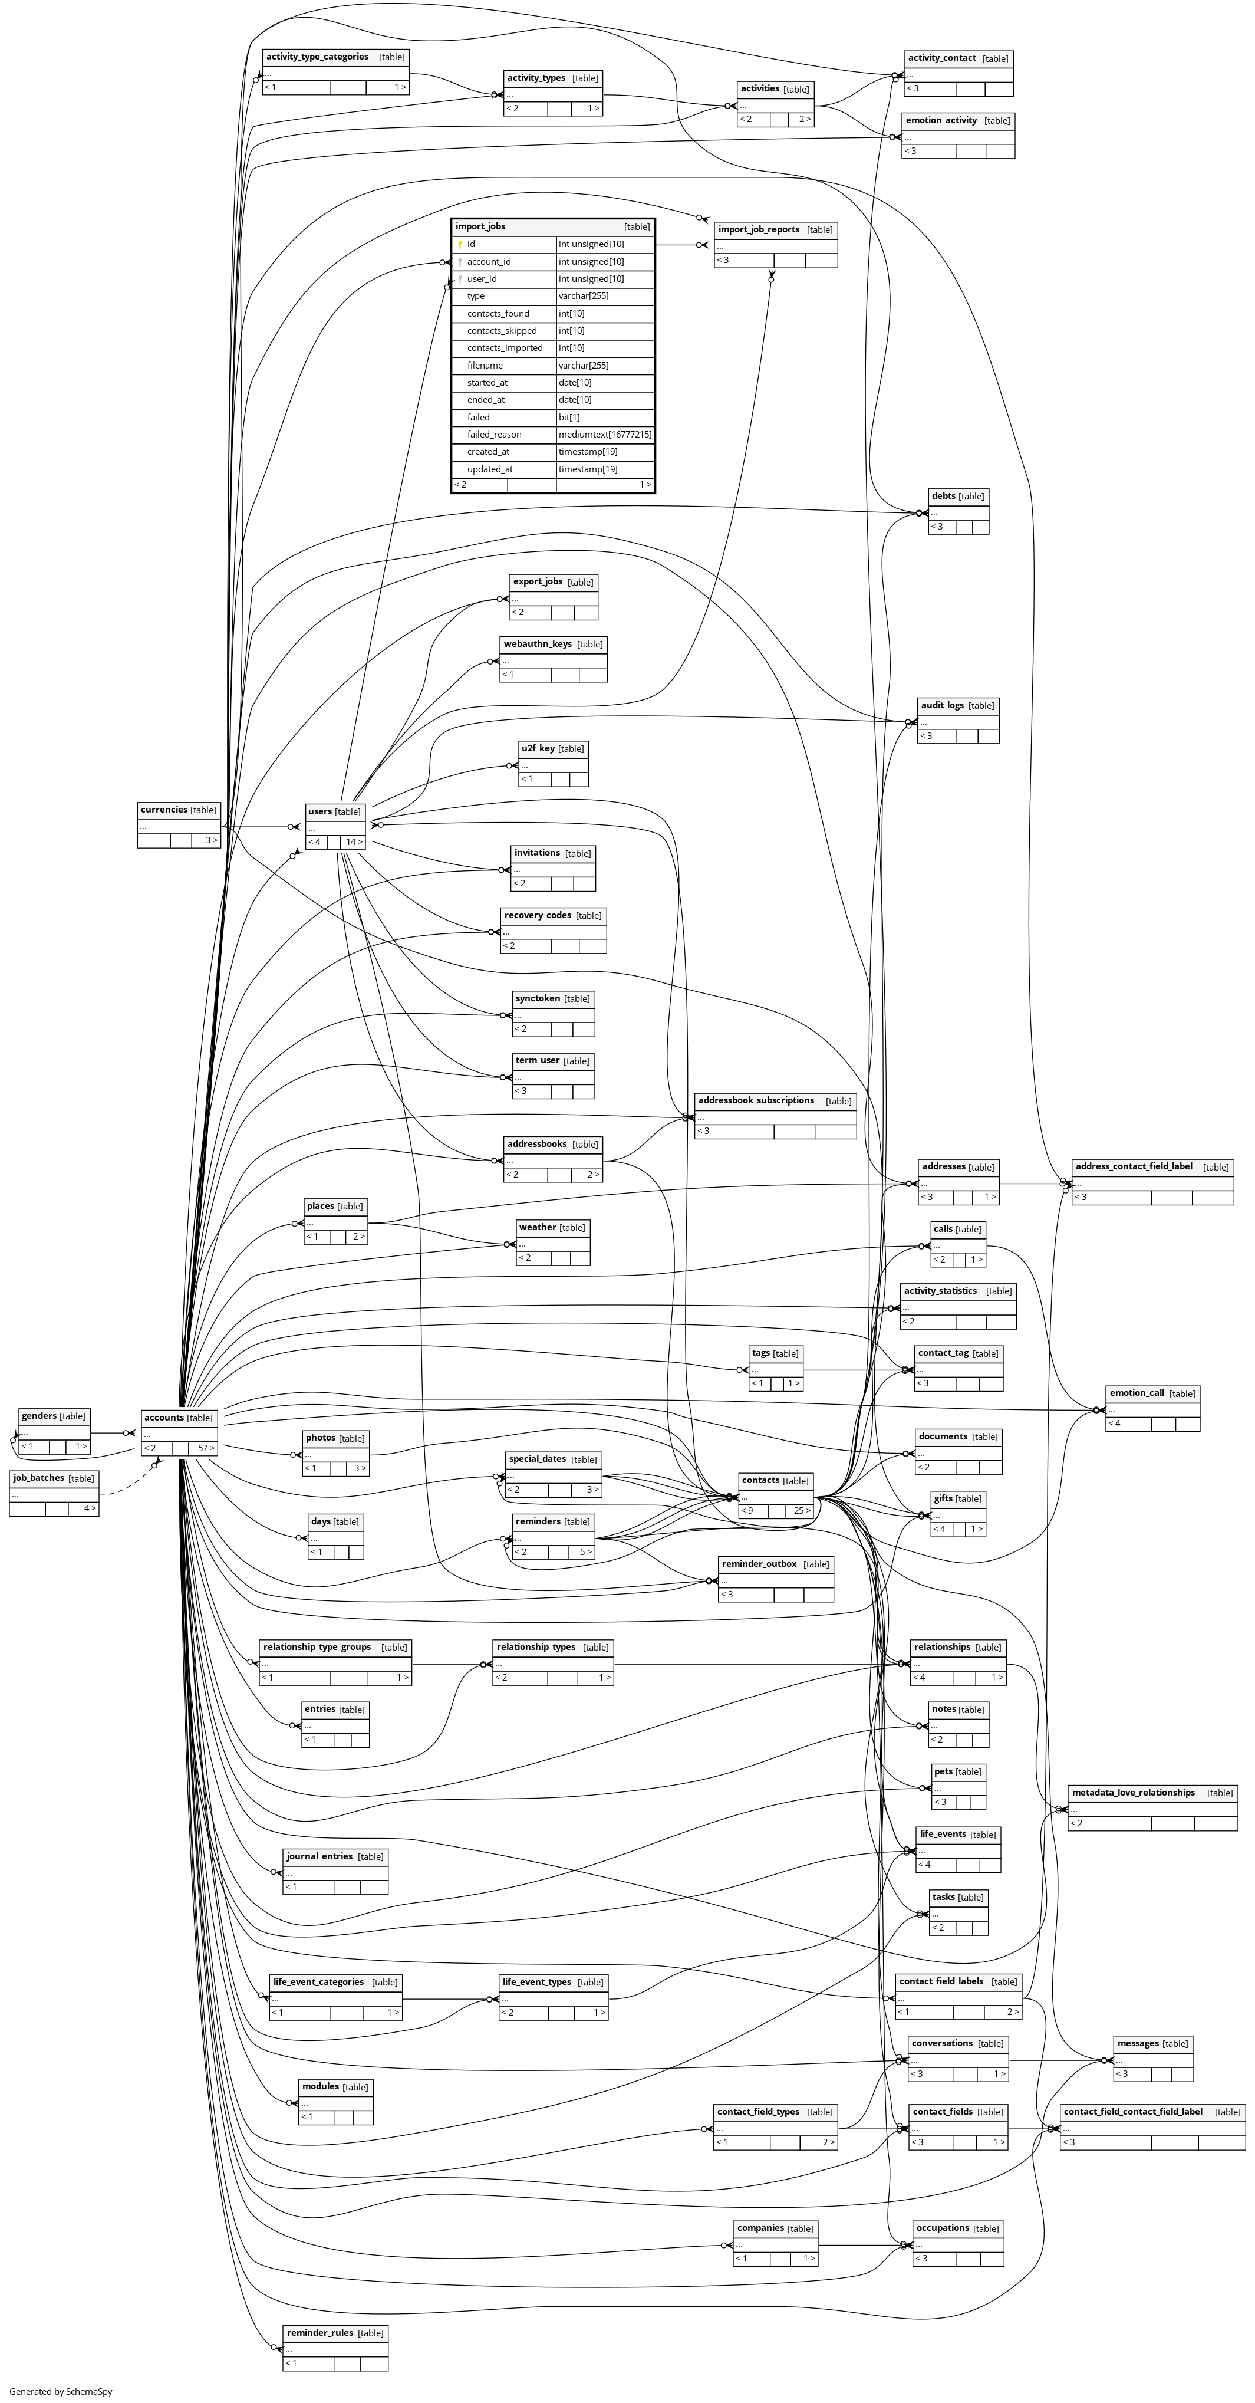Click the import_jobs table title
pos(480,226)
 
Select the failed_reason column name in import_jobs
pos(494,435)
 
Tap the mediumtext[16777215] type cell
pos(604,435)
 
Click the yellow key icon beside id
pos(460,244)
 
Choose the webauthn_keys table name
pos(537,645)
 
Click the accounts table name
pos(164,1418)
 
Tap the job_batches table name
pos(39,1478)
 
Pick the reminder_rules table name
pos(320,2333)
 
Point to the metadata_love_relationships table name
pos(1133,1793)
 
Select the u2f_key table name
pos(538,749)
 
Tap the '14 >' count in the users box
pos(353,842)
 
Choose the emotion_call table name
pos(1137,1393)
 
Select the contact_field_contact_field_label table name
pos(1133,2112)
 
